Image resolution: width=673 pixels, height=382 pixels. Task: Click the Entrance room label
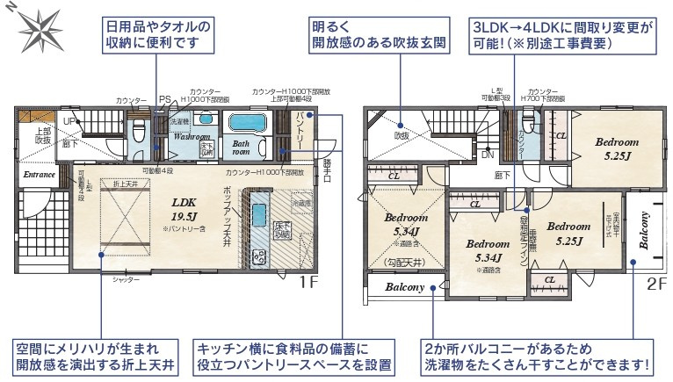(40, 174)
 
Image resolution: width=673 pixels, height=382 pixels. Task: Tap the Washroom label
(191, 138)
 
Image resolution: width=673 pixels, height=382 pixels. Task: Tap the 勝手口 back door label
(327, 166)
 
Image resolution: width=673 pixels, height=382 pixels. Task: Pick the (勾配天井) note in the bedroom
(403, 262)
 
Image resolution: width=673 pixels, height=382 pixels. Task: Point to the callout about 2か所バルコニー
(536, 355)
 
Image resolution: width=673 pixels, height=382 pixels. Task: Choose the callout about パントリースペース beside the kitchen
(293, 355)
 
